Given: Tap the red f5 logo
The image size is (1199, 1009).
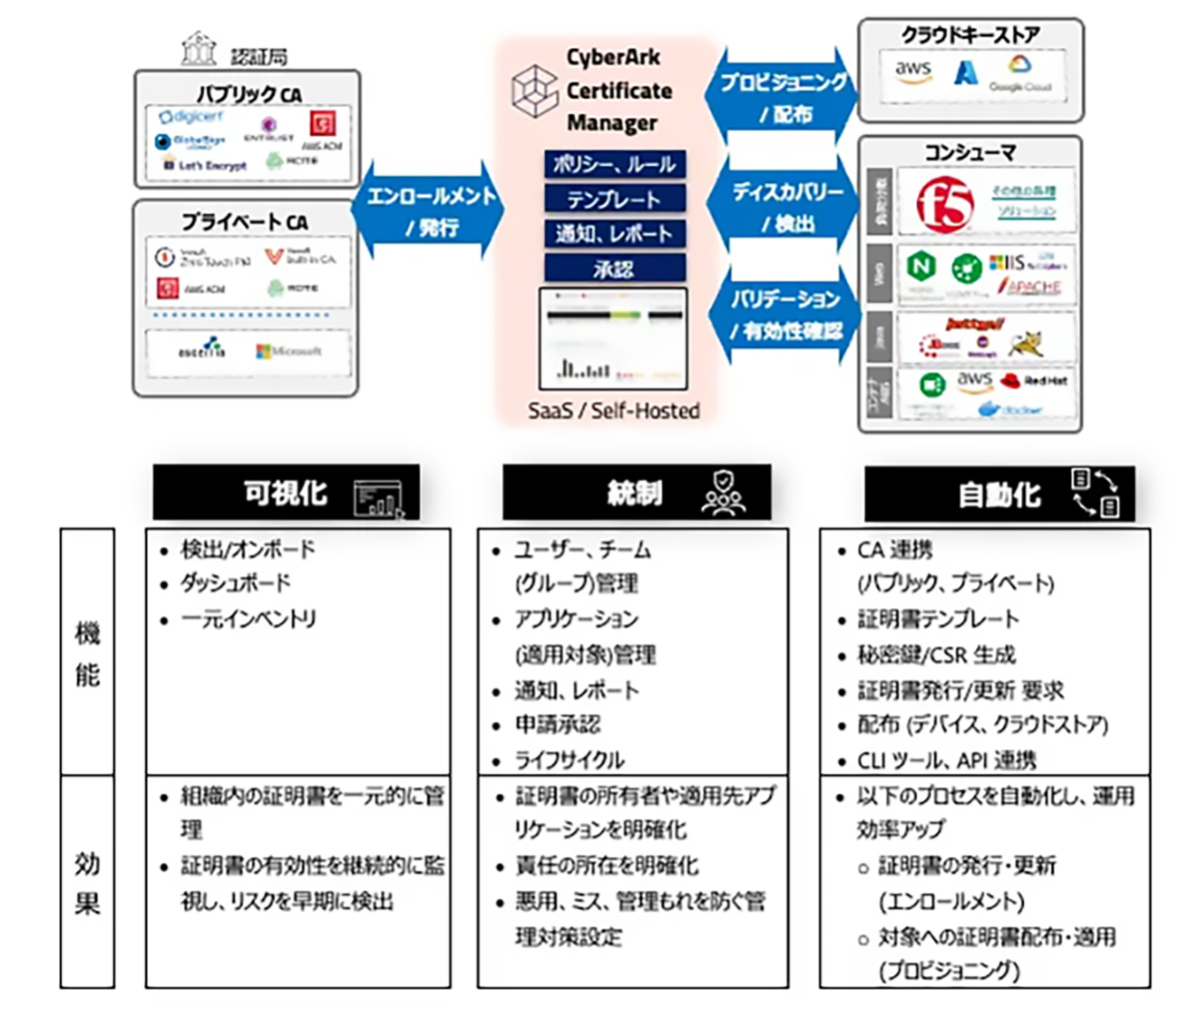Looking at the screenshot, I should click(x=943, y=204).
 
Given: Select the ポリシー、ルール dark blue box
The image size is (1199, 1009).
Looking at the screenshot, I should click(x=614, y=163).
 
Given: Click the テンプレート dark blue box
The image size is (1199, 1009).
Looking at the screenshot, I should click(x=614, y=198).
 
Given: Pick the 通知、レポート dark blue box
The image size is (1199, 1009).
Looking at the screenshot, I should click(x=614, y=233).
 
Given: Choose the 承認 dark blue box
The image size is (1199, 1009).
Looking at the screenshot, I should click(x=614, y=268).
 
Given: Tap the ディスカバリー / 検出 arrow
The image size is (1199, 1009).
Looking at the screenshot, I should click(x=783, y=207).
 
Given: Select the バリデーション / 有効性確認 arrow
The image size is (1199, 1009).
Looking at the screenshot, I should click(x=783, y=315).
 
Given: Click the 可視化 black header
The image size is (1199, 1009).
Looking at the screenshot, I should click(x=286, y=493).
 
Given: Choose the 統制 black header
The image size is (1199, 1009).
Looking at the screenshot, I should click(x=636, y=493).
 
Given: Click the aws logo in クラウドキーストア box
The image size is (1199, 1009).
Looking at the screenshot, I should click(x=913, y=72).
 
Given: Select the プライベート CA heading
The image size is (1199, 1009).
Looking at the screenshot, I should click(x=245, y=222).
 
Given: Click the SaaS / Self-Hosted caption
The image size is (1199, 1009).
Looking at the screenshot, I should click(x=613, y=411).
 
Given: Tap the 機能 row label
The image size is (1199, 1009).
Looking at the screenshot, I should click(x=88, y=653).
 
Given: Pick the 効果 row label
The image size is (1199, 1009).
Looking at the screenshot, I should click(x=88, y=882).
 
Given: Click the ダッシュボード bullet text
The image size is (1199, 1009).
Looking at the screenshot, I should click(x=236, y=583).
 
